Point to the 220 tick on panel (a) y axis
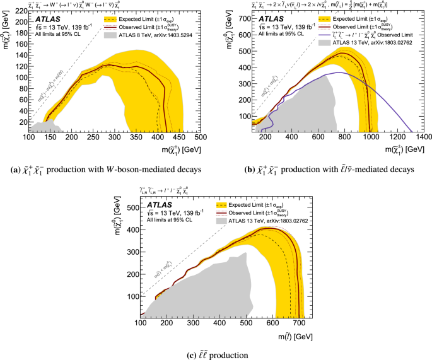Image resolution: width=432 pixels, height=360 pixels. (x=21, y=10)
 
